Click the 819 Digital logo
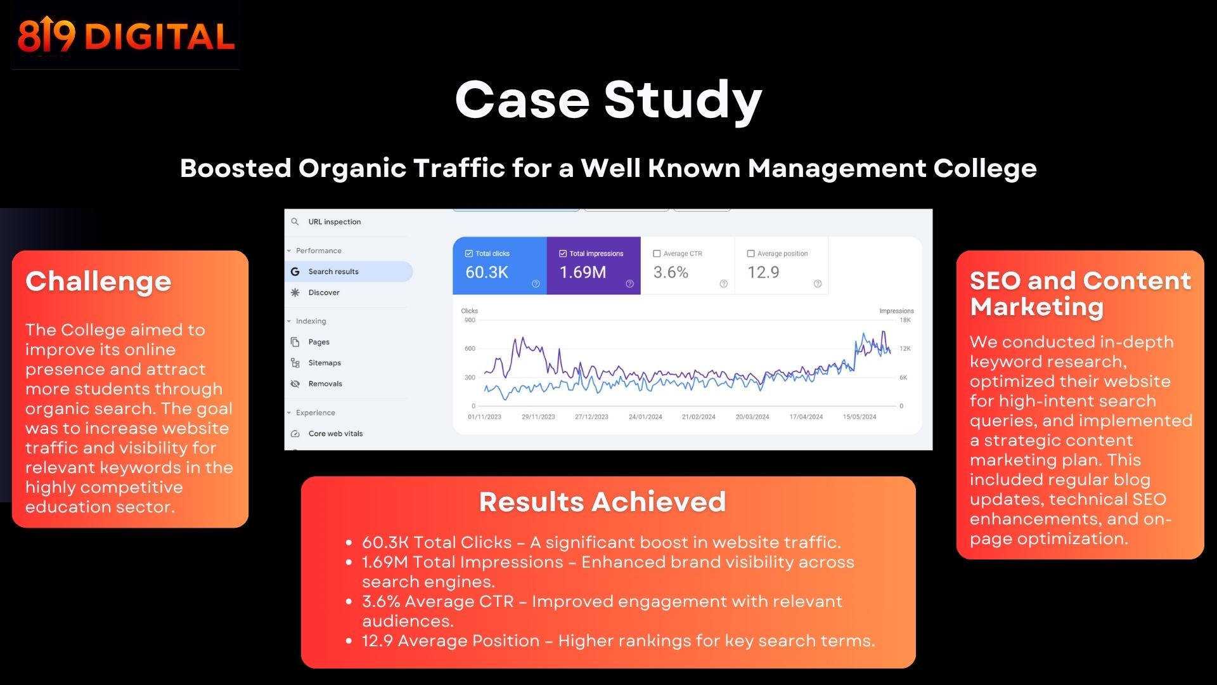pyautogui.click(x=126, y=36)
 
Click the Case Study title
pyautogui.click(x=608, y=100)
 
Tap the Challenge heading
pyautogui.click(x=98, y=281)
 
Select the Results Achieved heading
pyautogui.click(x=602, y=502)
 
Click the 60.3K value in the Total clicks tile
pyautogui.click(x=487, y=273)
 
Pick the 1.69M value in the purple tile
pyautogui.click(x=583, y=273)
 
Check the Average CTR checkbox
pyautogui.click(x=657, y=254)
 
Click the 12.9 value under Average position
pyautogui.click(x=763, y=273)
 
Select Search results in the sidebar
pyautogui.click(x=333, y=271)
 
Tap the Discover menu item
pyautogui.click(x=324, y=292)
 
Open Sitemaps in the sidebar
pyautogui.click(x=325, y=363)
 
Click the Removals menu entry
pyautogui.click(x=325, y=384)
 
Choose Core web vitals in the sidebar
pyautogui.click(x=335, y=434)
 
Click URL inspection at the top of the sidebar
pyautogui.click(x=334, y=222)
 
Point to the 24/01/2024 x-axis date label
pyautogui.click(x=645, y=417)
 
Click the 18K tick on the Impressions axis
pyautogui.click(x=905, y=320)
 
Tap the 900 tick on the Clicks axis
pyautogui.click(x=470, y=320)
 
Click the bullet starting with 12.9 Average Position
pyautogui.click(x=618, y=641)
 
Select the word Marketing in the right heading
pyautogui.click(x=1037, y=307)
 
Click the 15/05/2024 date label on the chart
pyautogui.click(x=860, y=417)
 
